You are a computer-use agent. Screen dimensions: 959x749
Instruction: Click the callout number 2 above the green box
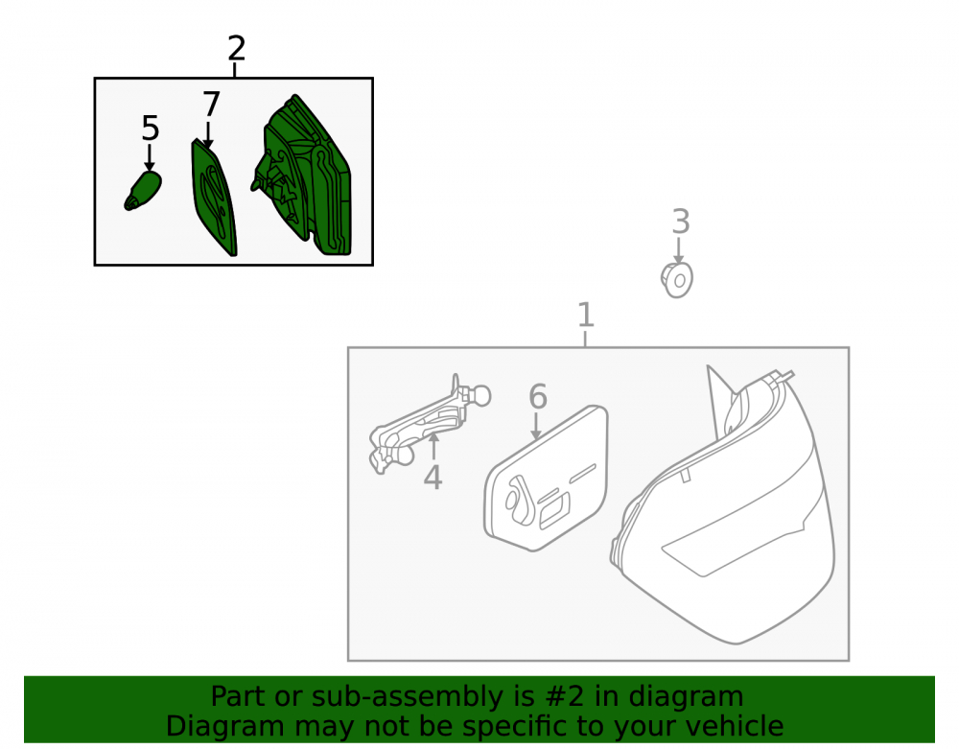coord(237,48)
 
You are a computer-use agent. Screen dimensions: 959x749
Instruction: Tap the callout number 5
coord(150,129)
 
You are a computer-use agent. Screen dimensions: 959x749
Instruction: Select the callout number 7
coord(211,105)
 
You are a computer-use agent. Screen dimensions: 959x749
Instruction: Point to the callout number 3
coord(681,222)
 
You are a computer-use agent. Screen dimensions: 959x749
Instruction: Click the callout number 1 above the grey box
coord(585,315)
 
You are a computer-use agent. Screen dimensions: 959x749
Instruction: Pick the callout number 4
coord(433,478)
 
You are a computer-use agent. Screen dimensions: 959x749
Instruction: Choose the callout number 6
coord(538,397)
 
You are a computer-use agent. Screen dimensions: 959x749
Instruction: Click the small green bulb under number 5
coord(143,191)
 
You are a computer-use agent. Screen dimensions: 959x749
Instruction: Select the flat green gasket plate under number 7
coord(214,197)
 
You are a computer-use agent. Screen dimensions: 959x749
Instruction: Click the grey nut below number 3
coord(677,280)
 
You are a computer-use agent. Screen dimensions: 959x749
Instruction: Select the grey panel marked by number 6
coord(547,479)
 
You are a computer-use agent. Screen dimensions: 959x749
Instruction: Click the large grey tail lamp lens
coord(723,505)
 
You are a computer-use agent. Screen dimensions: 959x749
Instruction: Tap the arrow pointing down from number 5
coord(150,157)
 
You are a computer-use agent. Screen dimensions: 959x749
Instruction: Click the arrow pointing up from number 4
coord(433,446)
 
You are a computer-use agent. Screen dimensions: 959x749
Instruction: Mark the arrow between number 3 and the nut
coord(678,250)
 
